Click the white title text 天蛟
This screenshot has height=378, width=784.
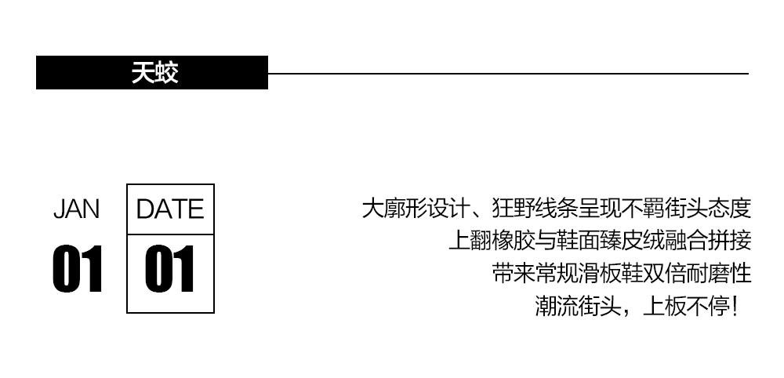click(154, 73)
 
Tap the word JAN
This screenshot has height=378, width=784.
click(76, 209)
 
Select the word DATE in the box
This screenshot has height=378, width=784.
click(169, 209)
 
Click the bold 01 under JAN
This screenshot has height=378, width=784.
click(78, 269)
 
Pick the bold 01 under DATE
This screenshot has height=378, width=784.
click(170, 269)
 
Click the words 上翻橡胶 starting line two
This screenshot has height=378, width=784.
click(487, 241)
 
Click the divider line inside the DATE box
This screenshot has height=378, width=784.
click(170, 234)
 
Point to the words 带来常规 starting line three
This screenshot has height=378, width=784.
click(530, 273)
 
